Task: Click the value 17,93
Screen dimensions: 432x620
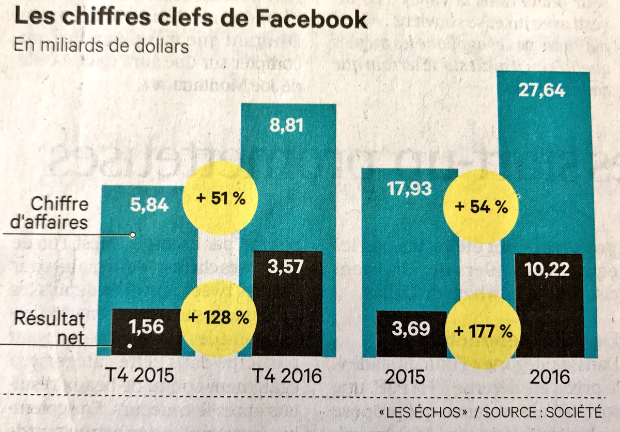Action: pos(409,190)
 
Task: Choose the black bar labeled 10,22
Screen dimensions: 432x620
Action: pos(549,305)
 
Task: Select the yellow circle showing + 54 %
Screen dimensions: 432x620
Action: pos(482,208)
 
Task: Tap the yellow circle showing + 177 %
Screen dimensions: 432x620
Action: pos(482,331)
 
